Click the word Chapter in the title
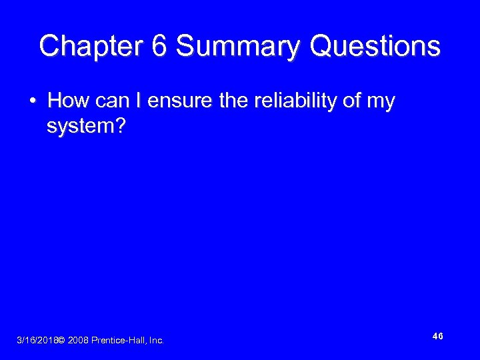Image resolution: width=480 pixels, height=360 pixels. (87, 47)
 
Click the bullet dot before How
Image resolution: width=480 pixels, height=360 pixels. (32, 101)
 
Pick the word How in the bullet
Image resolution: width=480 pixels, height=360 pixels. (64, 101)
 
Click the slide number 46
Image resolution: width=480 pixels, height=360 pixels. (437, 337)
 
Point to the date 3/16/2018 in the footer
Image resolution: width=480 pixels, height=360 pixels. (36, 341)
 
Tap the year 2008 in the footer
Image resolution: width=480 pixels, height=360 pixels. (78, 341)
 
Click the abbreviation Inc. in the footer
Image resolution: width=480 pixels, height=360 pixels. (156, 341)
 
